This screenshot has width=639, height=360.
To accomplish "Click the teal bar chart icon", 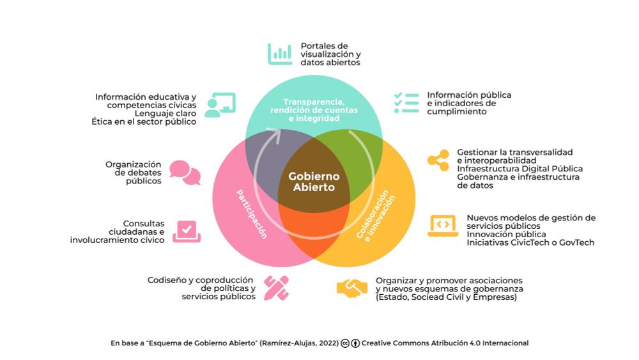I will tap(279, 54).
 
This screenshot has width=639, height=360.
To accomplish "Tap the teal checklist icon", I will tap(406, 103).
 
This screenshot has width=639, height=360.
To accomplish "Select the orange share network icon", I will tap(438, 160).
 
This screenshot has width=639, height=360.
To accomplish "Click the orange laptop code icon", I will tap(442, 226).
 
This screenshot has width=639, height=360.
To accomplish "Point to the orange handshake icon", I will tap(352, 288).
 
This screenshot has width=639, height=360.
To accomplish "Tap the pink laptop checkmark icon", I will tap(187, 230).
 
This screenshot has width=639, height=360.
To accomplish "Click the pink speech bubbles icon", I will tap(185, 172).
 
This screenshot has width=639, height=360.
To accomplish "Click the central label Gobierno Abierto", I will tap(314, 182).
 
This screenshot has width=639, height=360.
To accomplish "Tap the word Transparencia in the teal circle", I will tap(314, 102).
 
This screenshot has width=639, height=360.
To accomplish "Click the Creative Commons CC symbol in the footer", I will tap(345, 343).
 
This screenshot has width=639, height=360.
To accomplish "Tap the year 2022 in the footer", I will tap(325, 343).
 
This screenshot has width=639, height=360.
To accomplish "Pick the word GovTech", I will tap(576, 242).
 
